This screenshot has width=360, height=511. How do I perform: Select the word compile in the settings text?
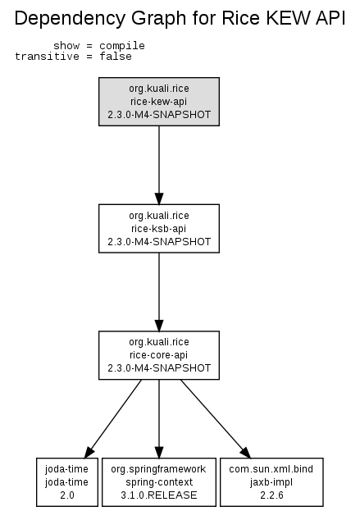pos(122,46)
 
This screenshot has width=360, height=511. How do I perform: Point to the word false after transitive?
pos(116,56)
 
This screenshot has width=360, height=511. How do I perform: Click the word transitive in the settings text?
pos(47,56)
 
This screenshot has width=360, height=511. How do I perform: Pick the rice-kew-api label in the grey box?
pos(158,102)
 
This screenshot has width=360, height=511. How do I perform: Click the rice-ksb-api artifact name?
pos(158,229)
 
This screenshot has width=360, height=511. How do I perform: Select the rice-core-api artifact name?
pos(158,355)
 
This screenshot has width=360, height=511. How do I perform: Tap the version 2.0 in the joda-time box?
pos(67,495)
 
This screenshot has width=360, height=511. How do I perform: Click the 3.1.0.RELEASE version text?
pos(159,495)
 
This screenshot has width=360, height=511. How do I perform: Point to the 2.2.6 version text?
pos(271,495)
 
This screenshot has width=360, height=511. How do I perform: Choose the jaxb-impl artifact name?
pos(271,482)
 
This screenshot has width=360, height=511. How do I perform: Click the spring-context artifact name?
pos(159,482)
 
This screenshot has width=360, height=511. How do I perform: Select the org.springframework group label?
pos(158,469)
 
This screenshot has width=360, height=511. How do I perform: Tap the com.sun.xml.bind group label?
pos(271,469)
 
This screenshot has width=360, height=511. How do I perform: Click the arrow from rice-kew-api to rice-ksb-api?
pos(159,165)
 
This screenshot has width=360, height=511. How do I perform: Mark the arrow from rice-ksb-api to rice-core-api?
pos(159,292)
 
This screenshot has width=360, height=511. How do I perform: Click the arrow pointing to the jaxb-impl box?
pos(216,419)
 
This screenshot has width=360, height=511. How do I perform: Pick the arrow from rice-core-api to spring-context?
pos(159,419)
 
